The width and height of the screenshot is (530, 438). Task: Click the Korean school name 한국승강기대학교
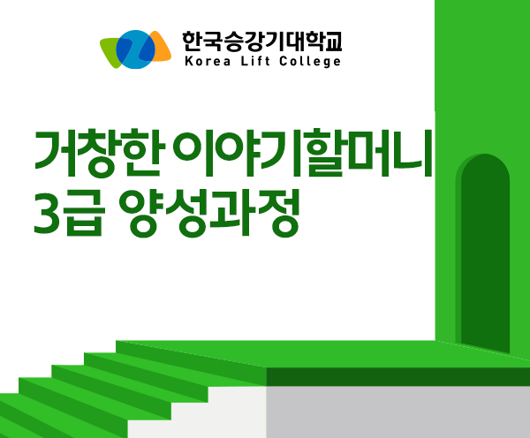coord(262,42)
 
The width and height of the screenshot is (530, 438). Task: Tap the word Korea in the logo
coord(208,62)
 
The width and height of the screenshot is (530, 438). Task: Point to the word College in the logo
coord(310,62)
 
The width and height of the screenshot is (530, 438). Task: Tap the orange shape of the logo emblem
coord(162,48)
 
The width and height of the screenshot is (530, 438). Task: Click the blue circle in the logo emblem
coord(135,49)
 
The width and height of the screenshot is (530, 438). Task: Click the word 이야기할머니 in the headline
coord(303,153)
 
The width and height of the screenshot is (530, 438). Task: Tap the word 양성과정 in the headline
coord(209,213)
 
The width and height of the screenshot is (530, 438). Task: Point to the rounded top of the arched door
coord(485,159)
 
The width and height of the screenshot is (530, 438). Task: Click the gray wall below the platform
coord(397,412)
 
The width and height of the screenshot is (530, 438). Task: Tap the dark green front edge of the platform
coord(397,377)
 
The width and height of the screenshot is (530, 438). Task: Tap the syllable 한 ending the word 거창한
coord(144,153)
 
